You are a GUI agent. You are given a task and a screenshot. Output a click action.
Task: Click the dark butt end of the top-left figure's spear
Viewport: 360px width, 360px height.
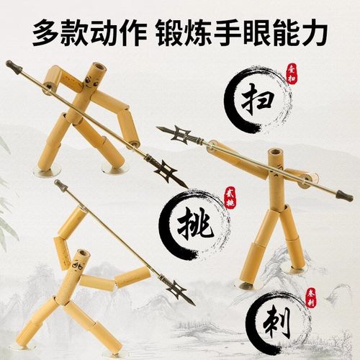point(12,66)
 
